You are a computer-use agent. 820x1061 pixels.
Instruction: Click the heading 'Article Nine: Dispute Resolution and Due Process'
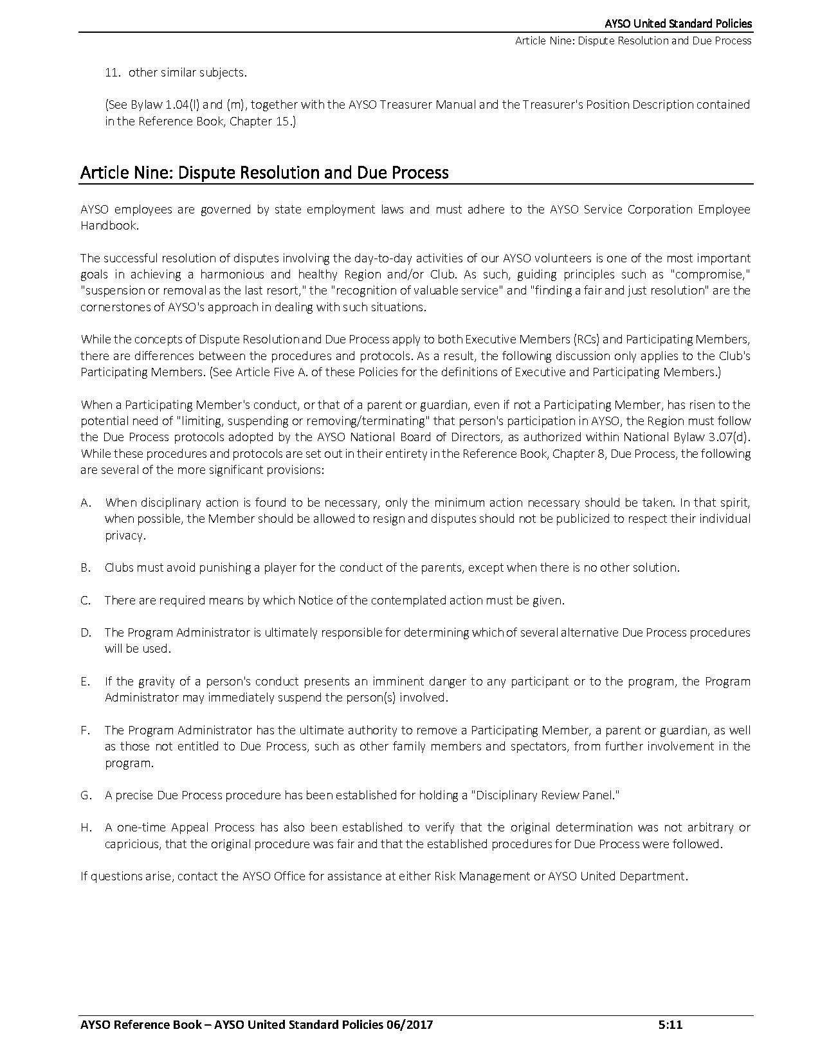(x=264, y=173)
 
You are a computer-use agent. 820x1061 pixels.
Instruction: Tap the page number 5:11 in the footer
(x=670, y=1025)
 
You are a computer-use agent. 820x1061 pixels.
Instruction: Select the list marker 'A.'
(x=86, y=503)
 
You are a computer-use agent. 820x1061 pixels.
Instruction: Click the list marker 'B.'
(x=86, y=568)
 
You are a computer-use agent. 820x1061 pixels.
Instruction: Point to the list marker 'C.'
(x=86, y=601)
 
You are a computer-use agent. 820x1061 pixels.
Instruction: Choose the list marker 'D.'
(x=86, y=633)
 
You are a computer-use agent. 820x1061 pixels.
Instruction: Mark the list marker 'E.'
(x=86, y=682)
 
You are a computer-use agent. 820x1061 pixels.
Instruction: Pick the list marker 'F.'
(x=85, y=730)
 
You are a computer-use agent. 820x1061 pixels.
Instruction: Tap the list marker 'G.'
(x=86, y=795)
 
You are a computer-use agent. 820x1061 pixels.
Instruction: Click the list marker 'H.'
(x=86, y=828)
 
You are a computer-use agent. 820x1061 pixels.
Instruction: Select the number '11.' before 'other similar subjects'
(x=113, y=73)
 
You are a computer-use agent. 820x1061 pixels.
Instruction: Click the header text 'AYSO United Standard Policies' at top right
(x=678, y=24)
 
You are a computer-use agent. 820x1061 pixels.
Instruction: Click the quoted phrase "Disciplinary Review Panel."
(x=545, y=795)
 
